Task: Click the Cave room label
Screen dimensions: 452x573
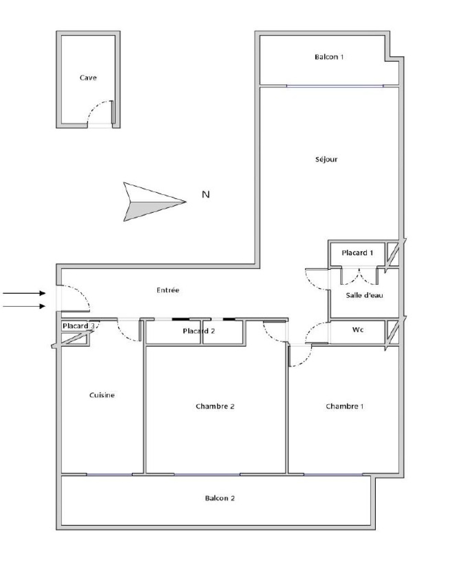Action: [88, 78]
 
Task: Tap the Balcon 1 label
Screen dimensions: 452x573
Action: [329, 57]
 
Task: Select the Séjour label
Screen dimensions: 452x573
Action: [326, 159]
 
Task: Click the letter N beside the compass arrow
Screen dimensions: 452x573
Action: [206, 194]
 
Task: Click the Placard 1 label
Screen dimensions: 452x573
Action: [357, 253]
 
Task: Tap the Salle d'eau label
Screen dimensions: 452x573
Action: [364, 296]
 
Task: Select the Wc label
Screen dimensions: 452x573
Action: [358, 330]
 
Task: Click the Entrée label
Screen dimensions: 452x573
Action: [168, 290]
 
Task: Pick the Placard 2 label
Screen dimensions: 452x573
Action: [199, 331]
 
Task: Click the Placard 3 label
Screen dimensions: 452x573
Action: [79, 326]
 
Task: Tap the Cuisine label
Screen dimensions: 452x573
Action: [102, 395]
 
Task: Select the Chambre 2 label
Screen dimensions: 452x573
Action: [215, 406]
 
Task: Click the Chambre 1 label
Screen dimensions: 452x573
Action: [345, 406]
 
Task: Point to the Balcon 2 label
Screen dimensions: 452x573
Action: [220, 498]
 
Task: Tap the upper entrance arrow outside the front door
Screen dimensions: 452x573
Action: [24, 293]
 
